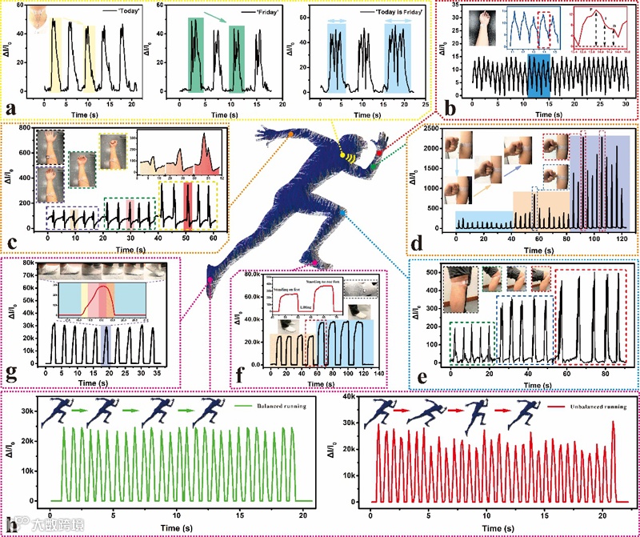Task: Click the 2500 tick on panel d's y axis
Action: [x=438, y=129]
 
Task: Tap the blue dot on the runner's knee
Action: [x=342, y=214]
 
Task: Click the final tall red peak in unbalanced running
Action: [x=614, y=422]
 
